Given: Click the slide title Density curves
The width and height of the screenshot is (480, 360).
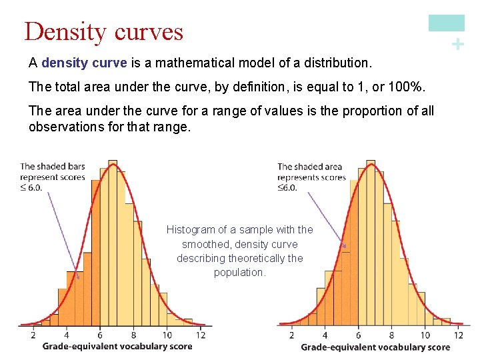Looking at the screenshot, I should tap(103, 31).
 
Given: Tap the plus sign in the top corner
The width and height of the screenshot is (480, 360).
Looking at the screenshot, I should tap(457, 45).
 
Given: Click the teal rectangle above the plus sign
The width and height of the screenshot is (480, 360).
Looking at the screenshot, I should tap(446, 23).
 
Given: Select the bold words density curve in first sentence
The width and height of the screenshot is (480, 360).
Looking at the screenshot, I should tap(84, 63).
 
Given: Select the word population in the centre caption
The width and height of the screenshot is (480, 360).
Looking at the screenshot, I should tap(240, 272).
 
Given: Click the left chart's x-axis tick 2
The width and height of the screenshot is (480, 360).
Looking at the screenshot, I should tap(33, 335).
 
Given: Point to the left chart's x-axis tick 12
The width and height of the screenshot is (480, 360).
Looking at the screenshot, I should tap(201, 335).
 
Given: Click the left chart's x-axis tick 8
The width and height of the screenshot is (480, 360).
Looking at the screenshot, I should tap(133, 335).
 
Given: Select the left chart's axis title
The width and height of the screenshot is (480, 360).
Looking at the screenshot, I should tap(117, 346).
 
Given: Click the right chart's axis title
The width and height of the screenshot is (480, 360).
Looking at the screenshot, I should tap(375, 347).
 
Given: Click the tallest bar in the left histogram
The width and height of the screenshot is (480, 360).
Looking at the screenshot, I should tap(113, 247).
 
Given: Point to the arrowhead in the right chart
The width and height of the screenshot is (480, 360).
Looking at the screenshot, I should tap(345, 246).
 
